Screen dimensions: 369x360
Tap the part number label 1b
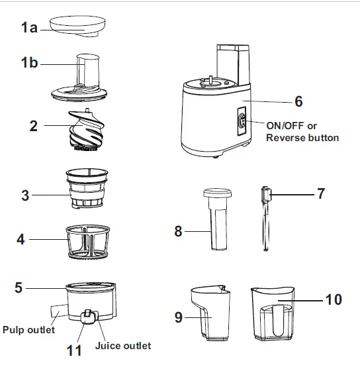29,64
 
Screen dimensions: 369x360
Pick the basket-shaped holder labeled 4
88,239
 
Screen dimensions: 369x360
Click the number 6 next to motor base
298,102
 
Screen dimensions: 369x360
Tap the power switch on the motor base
241,121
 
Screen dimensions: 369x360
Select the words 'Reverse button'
302,138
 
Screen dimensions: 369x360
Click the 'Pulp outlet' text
28,329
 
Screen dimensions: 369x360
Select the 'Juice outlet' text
123,345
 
